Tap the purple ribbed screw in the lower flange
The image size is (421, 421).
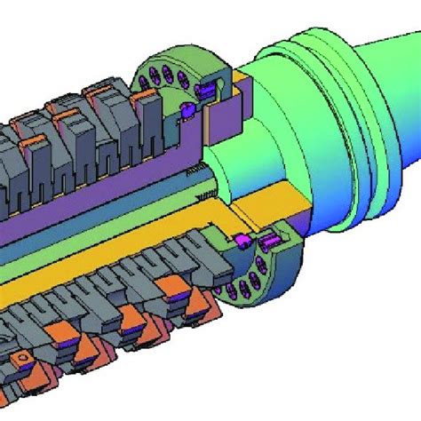[271, 242]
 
